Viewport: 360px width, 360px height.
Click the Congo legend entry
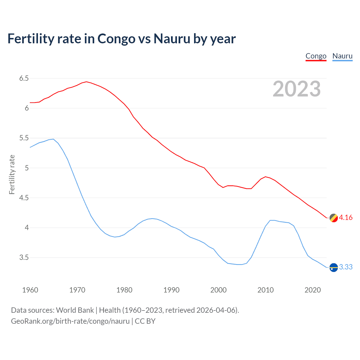(316, 56)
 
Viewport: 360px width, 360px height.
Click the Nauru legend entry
(342, 56)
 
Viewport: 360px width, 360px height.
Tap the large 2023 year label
(297, 89)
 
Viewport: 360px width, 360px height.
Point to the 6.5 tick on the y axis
(24, 78)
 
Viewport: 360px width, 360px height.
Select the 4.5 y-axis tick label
(24, 198)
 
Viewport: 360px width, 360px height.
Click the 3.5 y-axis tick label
(24, 258)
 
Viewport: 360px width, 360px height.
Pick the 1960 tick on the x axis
(30, 290)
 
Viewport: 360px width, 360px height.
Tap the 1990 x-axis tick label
(171, 290)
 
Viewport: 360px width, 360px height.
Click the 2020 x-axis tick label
(312, 290)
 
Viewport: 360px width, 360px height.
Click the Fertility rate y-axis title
(12, 174)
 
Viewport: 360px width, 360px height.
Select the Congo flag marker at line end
(334, 218)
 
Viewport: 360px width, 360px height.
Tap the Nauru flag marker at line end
(334, 267)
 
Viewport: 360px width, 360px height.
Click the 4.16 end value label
(346, 218)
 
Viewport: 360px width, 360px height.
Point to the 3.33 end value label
(346, 267)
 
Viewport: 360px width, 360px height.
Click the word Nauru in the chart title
(172, 39)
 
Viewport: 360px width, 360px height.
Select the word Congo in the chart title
(116, 39)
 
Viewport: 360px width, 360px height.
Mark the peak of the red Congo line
(86, 82)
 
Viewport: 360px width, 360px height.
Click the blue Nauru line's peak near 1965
(53, 139)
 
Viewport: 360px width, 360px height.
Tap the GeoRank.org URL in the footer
(70, 321)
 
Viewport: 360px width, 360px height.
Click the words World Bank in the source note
(75, 310)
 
